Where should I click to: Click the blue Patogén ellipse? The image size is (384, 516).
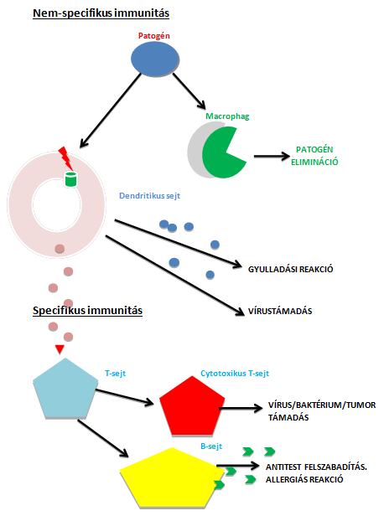(x=155, y=59)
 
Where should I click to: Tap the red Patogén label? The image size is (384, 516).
(x=153, y=35)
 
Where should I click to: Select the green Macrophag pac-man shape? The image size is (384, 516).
(x=222, y=152)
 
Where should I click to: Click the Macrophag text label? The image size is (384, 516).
(x=227, y=116)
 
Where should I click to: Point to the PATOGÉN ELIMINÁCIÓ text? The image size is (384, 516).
(x=314, y=156)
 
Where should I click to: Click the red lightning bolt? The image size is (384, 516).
(x=66, y=158)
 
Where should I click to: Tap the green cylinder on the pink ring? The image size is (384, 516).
(x=70, y=179)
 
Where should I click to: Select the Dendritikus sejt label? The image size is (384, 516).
(x=149, y=196)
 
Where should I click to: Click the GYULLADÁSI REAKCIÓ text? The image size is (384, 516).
(x=290, y=269)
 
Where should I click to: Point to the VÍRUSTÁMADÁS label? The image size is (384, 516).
(x=280, y=311)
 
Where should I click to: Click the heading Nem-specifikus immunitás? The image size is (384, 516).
(x=101, y=13)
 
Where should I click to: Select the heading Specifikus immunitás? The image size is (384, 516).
(x=87, y=310)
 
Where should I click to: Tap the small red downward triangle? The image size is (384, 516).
(x=60, y=349)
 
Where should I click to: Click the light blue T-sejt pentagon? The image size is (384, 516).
(x=65, y=390)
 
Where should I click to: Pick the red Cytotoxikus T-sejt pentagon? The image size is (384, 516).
(x=192, y=407)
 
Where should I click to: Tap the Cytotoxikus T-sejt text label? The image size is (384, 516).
(x=235, y=374)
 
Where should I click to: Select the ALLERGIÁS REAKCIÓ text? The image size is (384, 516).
(x=304, y=479)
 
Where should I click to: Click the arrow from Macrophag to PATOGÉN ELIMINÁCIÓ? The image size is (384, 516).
(x=272, y=157)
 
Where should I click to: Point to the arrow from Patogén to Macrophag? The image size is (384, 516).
(x=189, y=91)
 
